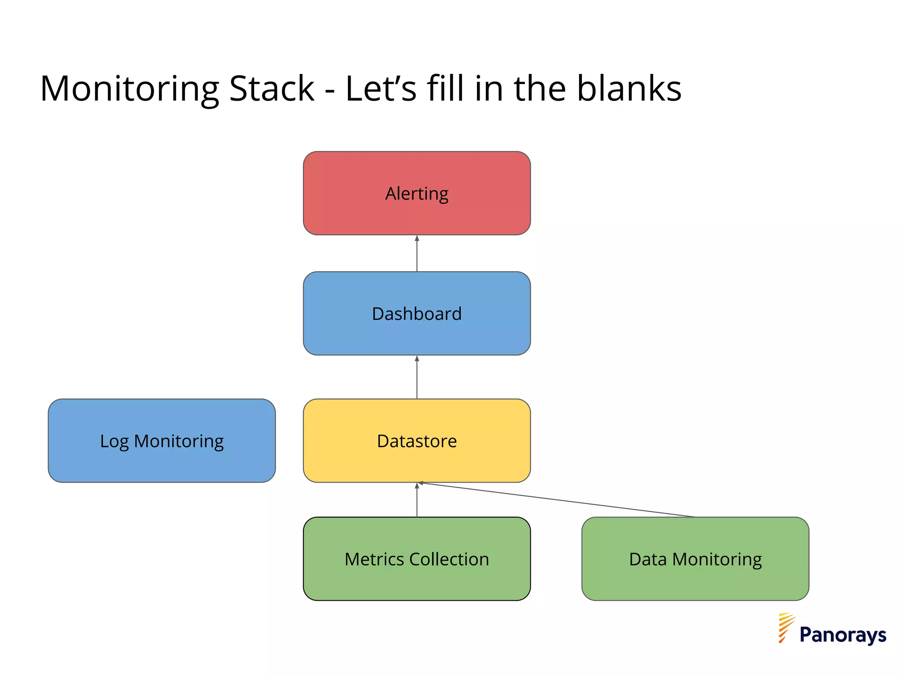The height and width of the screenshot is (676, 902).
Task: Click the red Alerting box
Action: point(417,193)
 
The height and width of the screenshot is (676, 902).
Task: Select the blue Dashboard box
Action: point(417,313)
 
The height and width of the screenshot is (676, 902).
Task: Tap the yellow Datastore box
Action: point(417,441)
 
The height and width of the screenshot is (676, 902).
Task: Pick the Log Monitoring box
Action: point(162,441)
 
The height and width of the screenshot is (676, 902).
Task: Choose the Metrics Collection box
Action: point(417,558)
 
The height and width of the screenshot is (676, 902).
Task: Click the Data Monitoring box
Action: point(695,558)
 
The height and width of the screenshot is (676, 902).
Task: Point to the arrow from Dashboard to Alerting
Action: point(417,253)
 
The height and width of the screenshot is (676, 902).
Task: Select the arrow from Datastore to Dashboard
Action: point(417,377)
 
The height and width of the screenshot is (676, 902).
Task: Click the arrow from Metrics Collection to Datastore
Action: point(417,500)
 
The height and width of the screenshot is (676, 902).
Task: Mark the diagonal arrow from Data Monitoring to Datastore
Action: point(557,500)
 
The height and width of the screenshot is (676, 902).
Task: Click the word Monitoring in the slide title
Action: point(129,89)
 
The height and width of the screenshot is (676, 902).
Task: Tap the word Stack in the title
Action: point(272,88)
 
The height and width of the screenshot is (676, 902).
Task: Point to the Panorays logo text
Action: point(843,635)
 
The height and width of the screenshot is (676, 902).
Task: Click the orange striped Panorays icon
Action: point(785,628)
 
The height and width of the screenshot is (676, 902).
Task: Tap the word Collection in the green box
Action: point(449,559)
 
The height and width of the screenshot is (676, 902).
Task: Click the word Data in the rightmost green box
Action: point(647,559)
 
